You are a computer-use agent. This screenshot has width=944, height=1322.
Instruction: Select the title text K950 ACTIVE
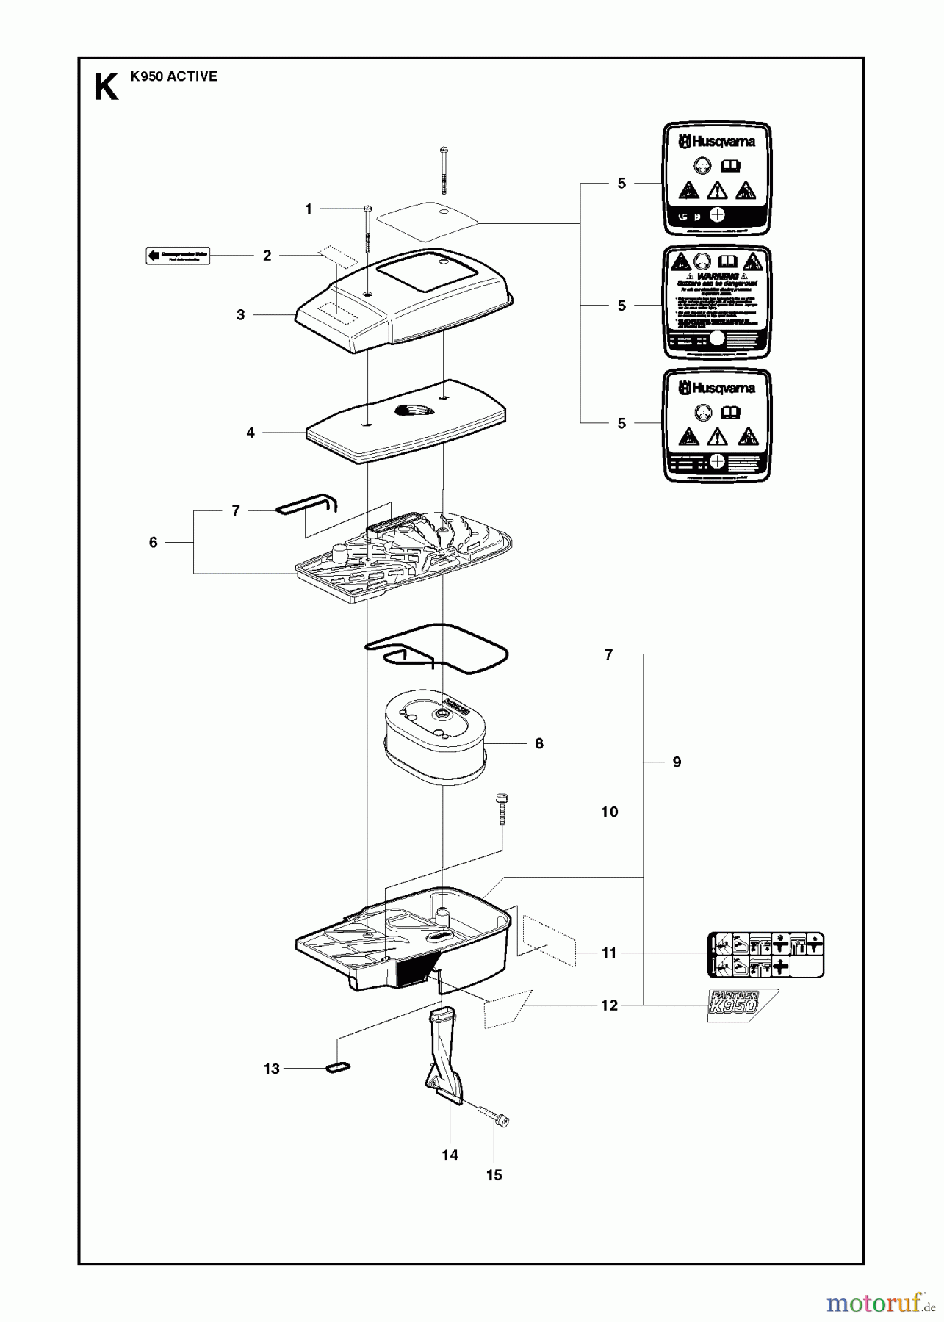(173, 76)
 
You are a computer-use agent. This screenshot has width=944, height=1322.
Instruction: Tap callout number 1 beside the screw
(309, 209)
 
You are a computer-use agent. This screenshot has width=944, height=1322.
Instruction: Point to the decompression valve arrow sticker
(175, 256)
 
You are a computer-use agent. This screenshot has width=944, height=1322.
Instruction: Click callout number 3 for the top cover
(240, 314)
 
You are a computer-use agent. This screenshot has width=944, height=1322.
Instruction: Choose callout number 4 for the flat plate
(251, 433)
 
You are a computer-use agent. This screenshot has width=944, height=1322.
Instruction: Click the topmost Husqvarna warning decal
(717, 180)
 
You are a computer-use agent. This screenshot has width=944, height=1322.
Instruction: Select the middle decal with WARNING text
(717, 303)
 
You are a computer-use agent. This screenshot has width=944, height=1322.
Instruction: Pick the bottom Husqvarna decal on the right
(717, 425)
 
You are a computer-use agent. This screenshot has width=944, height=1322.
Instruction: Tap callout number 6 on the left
(153, 542)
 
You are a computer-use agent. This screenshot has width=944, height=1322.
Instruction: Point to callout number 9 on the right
(677, 762)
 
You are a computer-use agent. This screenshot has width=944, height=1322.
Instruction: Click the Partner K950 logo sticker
(741, 1004)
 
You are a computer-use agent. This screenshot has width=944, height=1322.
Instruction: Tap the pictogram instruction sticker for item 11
(765, 955)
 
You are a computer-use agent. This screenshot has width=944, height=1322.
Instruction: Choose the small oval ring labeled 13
(338, 1067)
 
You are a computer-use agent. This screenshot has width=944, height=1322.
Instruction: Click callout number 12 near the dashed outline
(609, 1005)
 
